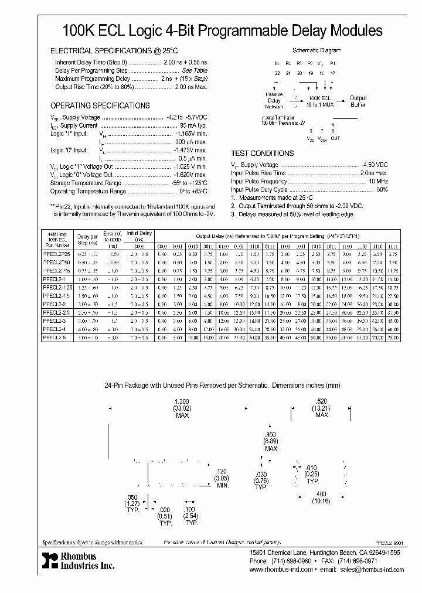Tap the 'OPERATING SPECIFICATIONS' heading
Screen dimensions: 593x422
pos(100,106)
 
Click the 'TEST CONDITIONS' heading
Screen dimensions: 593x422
pos(262,154)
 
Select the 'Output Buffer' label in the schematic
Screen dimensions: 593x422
pos(358,101)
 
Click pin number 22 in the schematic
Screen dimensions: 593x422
pos(277,73)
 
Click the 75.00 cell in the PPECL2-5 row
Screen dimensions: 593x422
pos(393,338)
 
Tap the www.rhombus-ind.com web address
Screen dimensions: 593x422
pos(281,569)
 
